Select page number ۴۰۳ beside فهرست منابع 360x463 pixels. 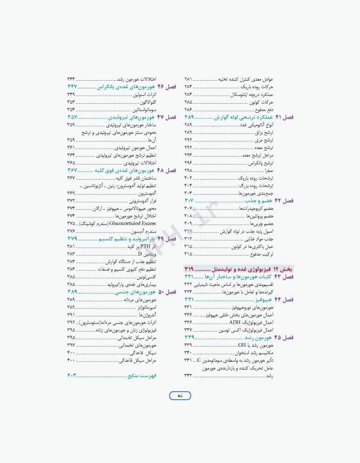click(x=74, y=376)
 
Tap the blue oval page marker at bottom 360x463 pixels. click(x=180, y=395)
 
